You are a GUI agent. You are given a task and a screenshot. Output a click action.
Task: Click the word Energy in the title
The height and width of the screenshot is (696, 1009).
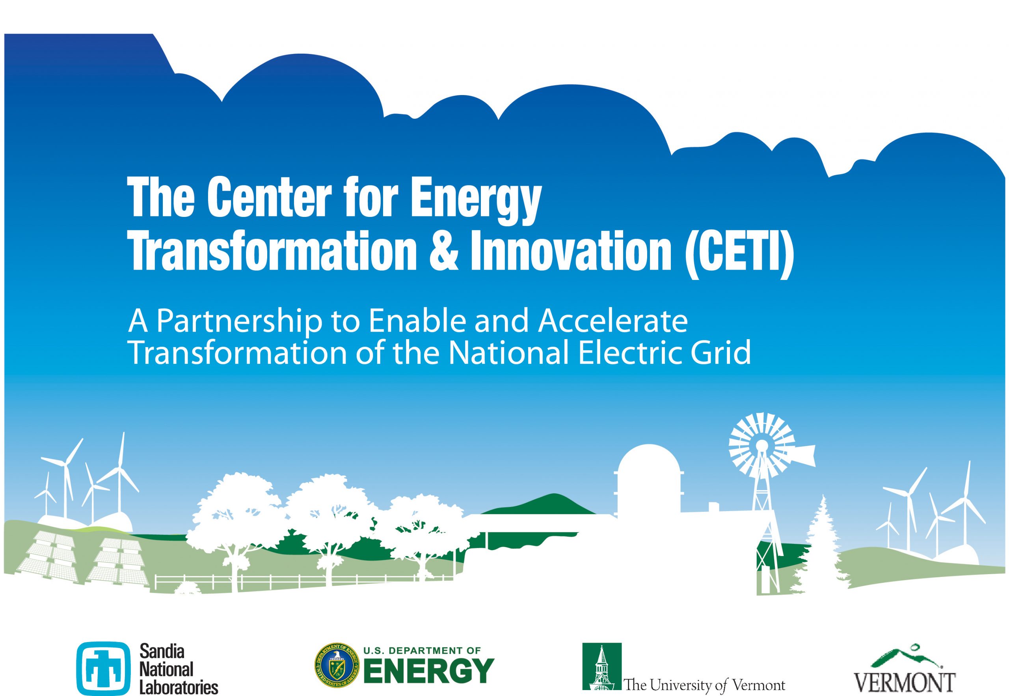pyautogui.click(x=475, y=201)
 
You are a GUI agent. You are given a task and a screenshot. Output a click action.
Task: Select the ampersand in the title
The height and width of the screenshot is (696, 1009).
pyautogui.click(x=444, y=254)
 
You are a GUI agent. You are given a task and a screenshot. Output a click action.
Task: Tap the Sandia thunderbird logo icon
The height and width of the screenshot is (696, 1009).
pyautogui.click(x=103, y=668)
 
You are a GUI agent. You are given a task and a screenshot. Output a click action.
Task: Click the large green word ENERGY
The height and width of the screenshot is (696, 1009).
pyautogui.click(x=429, y=671)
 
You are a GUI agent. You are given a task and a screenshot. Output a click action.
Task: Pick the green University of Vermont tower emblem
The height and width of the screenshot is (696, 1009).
pyautogui.click(x=602, y=666)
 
